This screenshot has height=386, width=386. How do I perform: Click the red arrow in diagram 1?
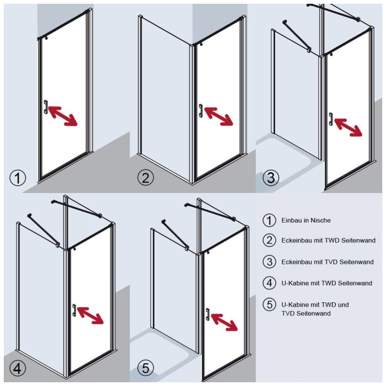click(63, 116)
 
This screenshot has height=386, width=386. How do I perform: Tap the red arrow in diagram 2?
click(218, 116)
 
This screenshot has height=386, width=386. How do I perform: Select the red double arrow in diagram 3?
click(349, 127)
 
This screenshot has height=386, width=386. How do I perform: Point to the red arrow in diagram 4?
click(90, 315)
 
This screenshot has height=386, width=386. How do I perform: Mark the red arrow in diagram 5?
click(224, 322)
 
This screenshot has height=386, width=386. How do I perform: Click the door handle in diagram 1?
click(46, 107)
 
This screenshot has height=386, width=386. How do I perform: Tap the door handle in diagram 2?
click(201, 110)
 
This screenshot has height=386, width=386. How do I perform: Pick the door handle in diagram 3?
click(331, 119)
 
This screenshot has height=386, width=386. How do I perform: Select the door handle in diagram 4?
click(74, 310)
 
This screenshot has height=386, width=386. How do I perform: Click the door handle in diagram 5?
click(207, 314)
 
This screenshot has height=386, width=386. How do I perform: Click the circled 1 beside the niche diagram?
click(18, 178)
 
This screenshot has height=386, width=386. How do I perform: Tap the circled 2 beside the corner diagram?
click(146, 178)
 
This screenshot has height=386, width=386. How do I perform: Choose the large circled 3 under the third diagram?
click(271, 178)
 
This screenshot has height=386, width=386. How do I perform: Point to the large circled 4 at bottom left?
click(18, 368)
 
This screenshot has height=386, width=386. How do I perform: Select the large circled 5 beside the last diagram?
click(146, 368)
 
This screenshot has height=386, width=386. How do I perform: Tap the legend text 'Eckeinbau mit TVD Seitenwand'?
click(328, 262)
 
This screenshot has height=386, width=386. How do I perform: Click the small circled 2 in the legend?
click(269, 240)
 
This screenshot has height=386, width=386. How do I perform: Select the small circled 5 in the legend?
click(269, 304)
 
